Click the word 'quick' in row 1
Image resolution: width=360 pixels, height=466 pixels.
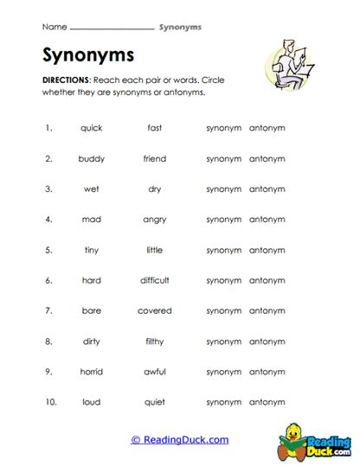click(91, 128)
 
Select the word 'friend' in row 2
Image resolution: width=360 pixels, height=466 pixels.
click(155, 158)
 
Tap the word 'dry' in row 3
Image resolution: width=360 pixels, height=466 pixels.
click(155, 188)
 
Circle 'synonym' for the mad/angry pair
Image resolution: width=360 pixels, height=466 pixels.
click(223, 220)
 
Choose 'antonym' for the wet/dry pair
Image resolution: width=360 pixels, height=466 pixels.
click(267, 188)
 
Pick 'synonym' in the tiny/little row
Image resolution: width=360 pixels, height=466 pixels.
click(223, 250)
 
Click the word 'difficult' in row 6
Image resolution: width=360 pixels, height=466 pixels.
click(155, 280)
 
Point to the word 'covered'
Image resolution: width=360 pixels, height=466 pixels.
click(155, 310)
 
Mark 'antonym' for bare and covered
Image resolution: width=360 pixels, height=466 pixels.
click(267, 310)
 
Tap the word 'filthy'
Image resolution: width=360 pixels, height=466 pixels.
click(155, 341)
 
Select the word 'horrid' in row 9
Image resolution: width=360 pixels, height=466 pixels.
click(91, 372)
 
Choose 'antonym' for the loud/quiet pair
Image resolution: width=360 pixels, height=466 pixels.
click(267, 402)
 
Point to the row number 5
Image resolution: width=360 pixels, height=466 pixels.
click(48, 250)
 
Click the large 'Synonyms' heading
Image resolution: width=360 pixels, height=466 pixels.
click(87, 55)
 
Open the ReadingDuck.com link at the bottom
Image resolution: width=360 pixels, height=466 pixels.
click(180, 440)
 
